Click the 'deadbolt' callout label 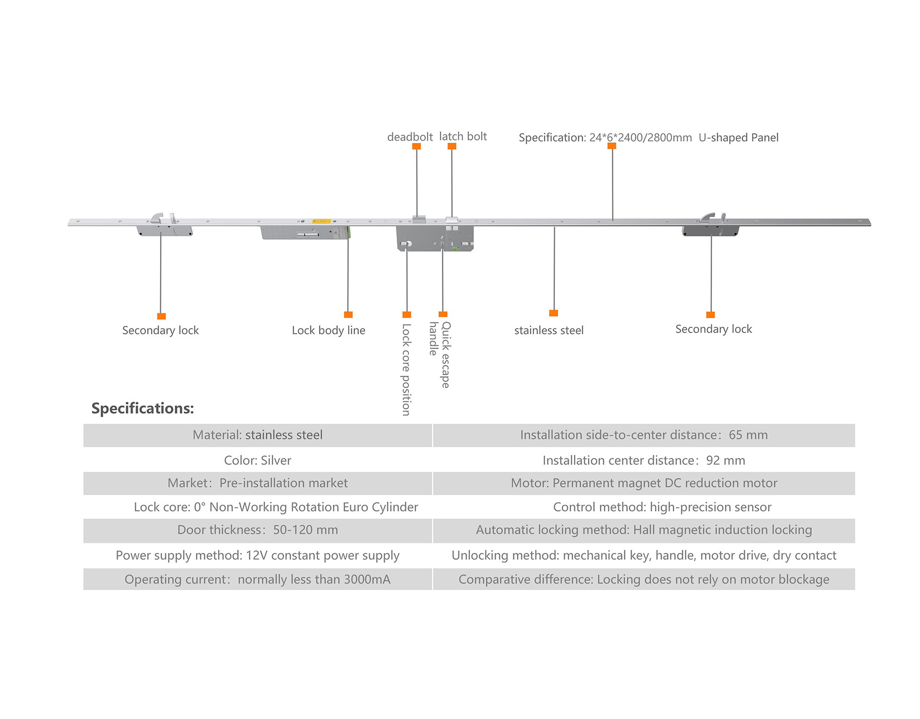pos(410,137)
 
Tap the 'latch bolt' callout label pos(463,137)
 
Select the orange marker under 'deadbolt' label pos(416,146)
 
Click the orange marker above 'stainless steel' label pos(553,313)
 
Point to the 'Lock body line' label pos(328,330)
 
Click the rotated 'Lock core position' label pos(406,369)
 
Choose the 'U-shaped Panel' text pos(738,138)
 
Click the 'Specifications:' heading pos(143,408)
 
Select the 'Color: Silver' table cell pos(258,460)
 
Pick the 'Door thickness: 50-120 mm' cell pos(258,530)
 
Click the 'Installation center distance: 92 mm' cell pos(644,460)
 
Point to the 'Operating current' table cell pos(258,580)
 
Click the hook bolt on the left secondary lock pos(157,218)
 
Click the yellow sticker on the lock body pos(321,221)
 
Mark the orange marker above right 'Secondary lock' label pos(711,315)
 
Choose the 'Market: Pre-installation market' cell pos(258,483)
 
